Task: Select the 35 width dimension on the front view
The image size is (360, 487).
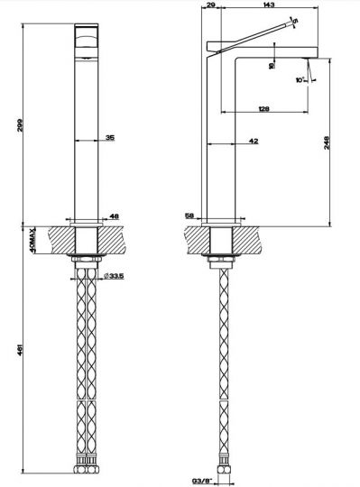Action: pyautogui.click(x=109, y=138)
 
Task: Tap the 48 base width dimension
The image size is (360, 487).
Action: pyautogui.click(x=114, y=216)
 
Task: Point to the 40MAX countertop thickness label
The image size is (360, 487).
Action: pyautogui.click(x=32, y=244)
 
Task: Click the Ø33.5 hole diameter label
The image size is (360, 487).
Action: pyautogui.click(x=114, y=276)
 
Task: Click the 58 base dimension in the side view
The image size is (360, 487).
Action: pyautogui.click(x=189, y=216)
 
